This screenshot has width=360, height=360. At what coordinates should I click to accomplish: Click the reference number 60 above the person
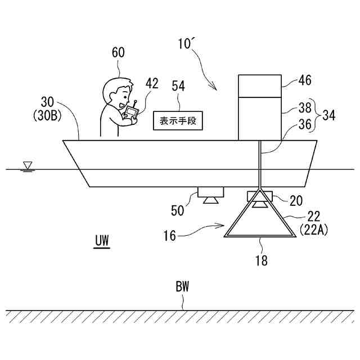(x=118, y=53)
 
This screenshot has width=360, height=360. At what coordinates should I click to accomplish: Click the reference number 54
(x=178, y=85)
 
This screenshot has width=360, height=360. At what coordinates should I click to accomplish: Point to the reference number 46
(x=304, y=80)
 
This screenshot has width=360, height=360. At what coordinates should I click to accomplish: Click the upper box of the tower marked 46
(x=260, y=85)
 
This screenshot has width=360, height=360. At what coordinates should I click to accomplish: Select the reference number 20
(x=296, y=199)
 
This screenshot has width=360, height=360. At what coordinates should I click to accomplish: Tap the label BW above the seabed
(x=182, y=287)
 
